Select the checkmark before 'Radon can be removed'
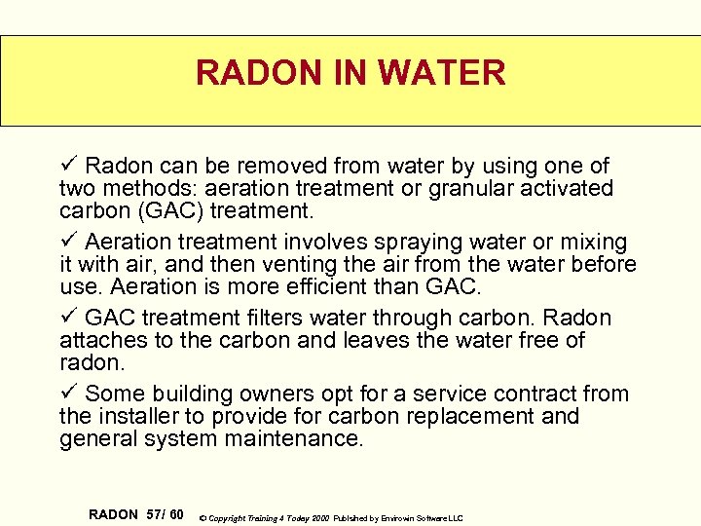[x=66, y=166]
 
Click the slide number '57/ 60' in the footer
[x=165, y=513]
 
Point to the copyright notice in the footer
[x=331, y=517]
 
